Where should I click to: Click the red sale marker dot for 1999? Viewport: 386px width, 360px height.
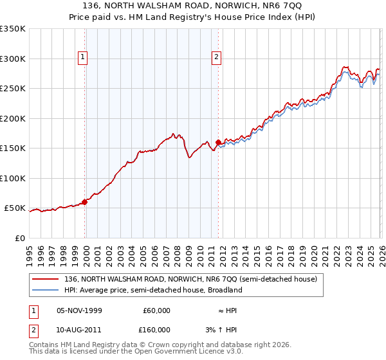(x=85, y=202)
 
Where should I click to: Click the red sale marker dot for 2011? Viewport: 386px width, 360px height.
(x=218, y=142)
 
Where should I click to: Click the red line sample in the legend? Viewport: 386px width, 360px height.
(x=46, y=280)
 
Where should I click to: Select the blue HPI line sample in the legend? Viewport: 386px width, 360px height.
(x=46, y=291)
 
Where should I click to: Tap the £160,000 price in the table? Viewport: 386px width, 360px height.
(x=156, y=330)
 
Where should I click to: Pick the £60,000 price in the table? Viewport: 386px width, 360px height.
(x=156, y=310)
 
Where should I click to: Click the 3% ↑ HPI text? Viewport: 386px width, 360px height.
(x=223, y=330)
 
